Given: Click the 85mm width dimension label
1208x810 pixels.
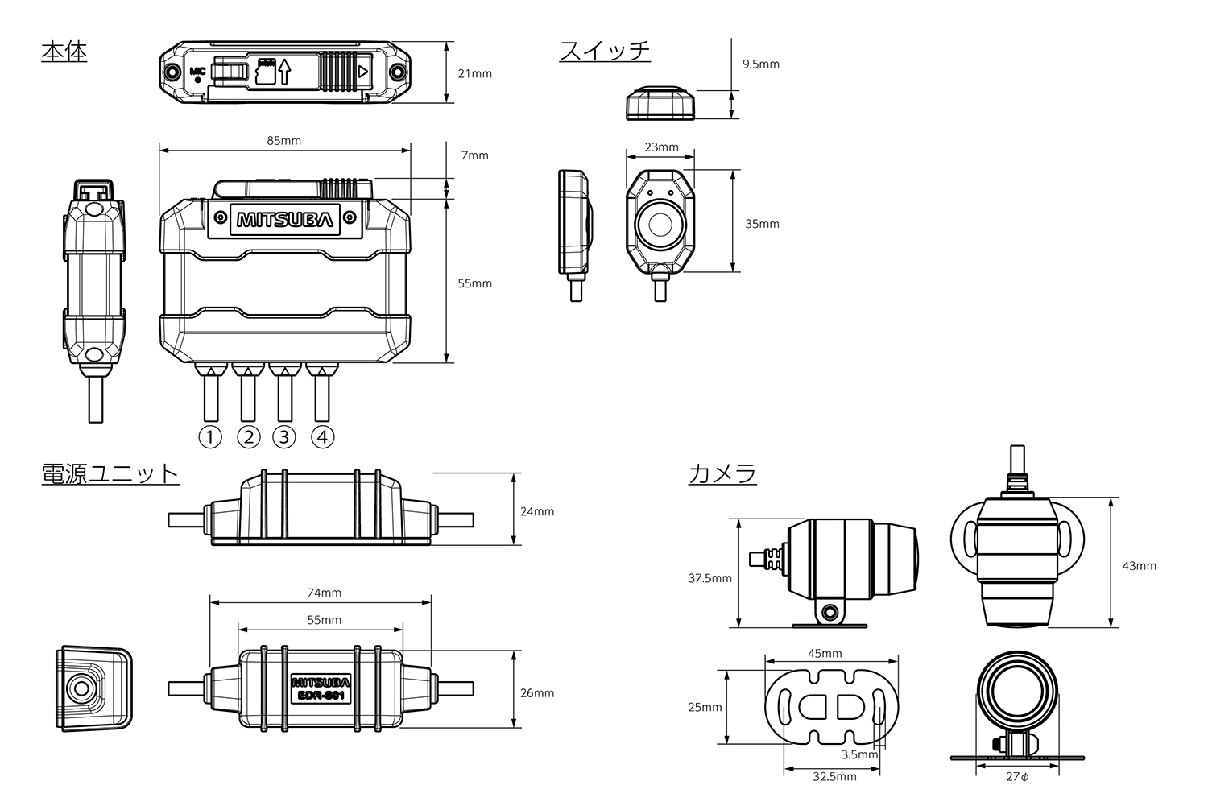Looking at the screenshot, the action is tap(283, 141).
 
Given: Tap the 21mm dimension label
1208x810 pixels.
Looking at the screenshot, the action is tap(474, 74).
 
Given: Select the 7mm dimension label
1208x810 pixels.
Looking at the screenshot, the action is tap(474, 155).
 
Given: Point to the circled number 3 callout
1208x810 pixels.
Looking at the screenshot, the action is tap(284, 437).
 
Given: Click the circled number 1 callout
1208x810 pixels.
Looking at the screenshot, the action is tap(210, 437).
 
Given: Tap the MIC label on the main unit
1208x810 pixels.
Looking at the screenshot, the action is tap(197, 71).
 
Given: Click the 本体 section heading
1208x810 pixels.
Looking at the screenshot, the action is tap(64, 52).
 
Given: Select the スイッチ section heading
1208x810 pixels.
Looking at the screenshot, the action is tap(605, 52).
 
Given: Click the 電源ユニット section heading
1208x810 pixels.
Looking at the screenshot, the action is tap(110, 474).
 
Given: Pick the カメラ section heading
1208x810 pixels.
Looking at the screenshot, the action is tap(722, 474).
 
